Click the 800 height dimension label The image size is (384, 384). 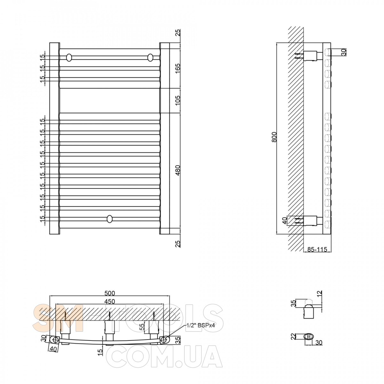pos(274,137)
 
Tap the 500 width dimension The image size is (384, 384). pos(110,293)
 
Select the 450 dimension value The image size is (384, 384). pos(110,301)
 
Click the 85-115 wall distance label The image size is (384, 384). pos(317,249)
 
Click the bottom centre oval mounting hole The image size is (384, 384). pos(110,219)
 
